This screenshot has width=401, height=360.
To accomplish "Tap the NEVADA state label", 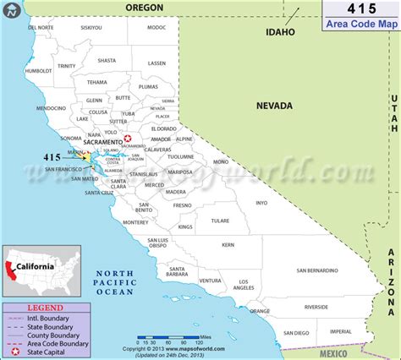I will pos(275,106).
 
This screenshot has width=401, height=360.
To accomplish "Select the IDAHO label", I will pos(281,33).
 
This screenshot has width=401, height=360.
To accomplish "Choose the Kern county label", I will pos(228,245).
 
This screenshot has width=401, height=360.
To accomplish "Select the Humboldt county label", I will pos(39,71).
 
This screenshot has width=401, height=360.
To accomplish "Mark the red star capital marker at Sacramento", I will pos(128,139).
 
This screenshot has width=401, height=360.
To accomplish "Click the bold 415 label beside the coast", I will pos(52,156).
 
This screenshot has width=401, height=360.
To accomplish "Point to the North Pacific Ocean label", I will pos(114,282).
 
